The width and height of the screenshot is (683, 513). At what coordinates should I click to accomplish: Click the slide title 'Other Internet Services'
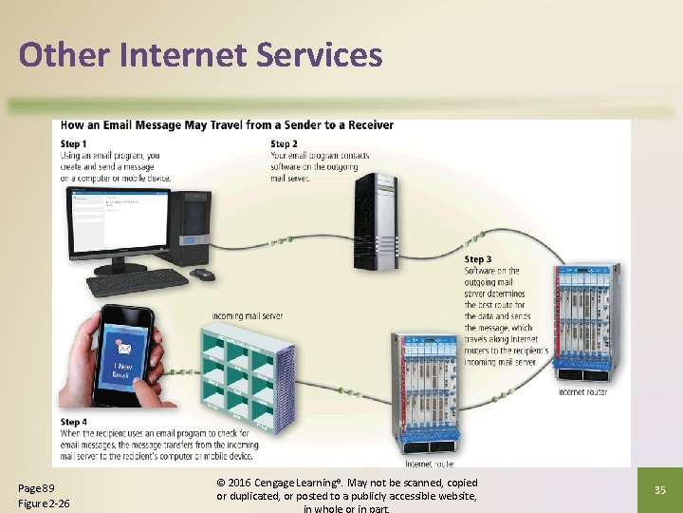(x=200, y=55)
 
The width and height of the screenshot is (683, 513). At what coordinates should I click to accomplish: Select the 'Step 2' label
(x=285, y=143)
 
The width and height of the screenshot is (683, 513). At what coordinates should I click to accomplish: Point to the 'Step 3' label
(x=478, y=259)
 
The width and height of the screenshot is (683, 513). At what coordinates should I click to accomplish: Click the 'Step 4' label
(x=74, y=422)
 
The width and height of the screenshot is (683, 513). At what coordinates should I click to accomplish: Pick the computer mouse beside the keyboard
(x=202, y=275)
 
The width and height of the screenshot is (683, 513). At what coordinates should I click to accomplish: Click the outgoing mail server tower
(x=375, y=221)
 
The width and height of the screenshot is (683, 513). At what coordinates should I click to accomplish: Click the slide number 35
(x=661, y=490)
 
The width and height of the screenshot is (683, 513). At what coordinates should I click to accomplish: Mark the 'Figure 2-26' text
(x=45, y=503)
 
